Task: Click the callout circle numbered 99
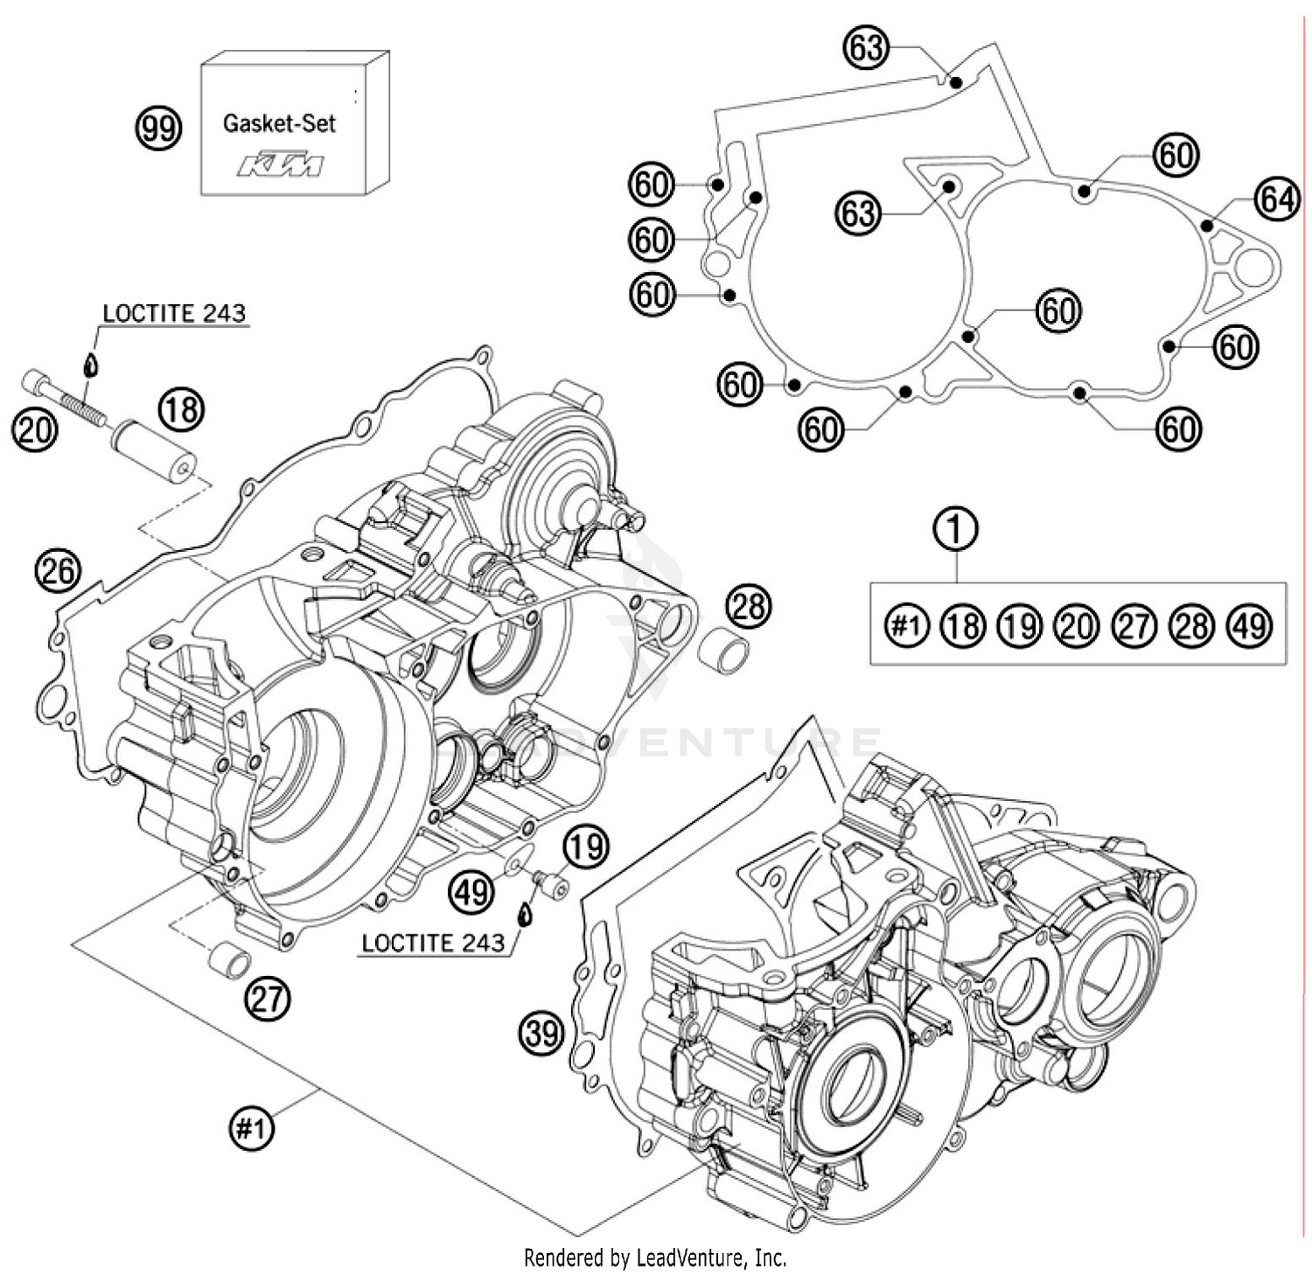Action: pyautogui.click(x=158, y=129)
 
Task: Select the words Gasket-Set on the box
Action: pyautogui.click(x=279, y=123)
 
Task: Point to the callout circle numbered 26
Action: pyautogui.click(x=57, y=571)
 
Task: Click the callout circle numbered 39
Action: pyautogui.click(x=542, y=1033)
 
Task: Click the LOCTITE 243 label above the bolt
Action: pyautogui.click(x=174, y=314)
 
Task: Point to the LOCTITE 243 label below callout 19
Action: pyautogui.click(x=433, y=943)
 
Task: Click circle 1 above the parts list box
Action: pyautogui.click(x=956, y=529)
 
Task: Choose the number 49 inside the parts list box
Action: pyautogui.click(x=1250, y=626)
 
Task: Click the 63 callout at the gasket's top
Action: pyautogui.click(x=865, y=48)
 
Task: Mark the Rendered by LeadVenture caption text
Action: pyautogui.click(x=655, y=1258)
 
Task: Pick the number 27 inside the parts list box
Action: pyautogui.click(x=1134, y=626)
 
